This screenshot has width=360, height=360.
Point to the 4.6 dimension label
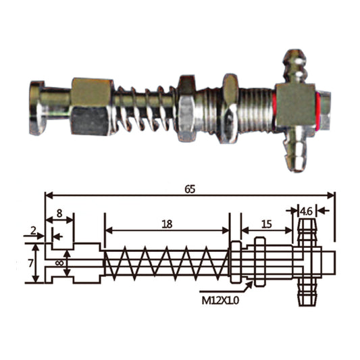[306, 210]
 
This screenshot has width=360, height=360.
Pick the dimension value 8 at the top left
[59, 213]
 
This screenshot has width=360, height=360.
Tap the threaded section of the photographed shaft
[257, 105]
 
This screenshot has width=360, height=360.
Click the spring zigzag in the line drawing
[166, 263]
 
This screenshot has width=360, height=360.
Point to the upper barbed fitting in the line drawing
[305, 230]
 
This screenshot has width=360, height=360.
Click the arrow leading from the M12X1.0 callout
[243, 288]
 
